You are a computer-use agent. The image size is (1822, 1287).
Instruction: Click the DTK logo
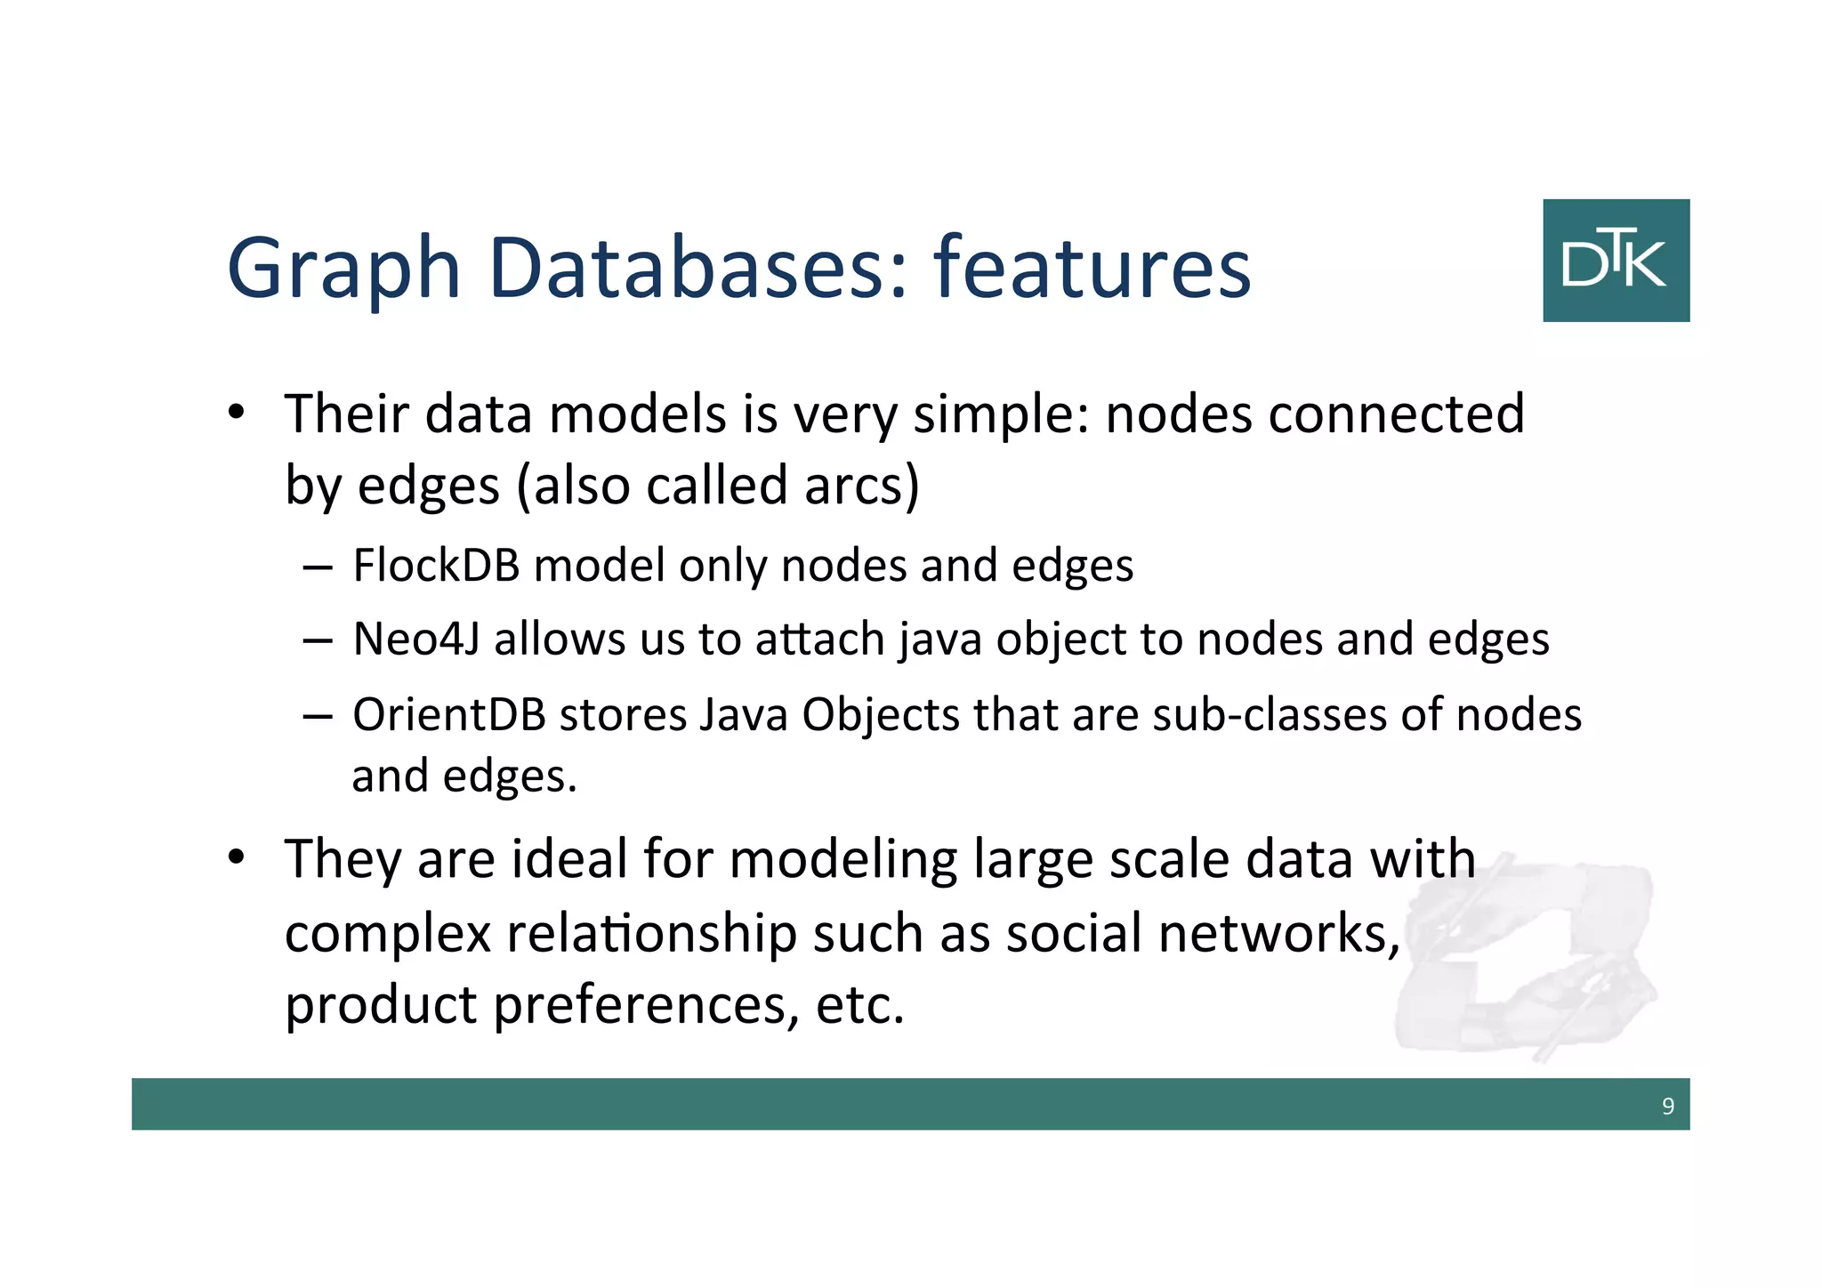(x=1616, y=260)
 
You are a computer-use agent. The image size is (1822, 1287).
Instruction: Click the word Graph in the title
(x=343, y=269)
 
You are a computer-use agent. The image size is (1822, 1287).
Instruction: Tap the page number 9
(x=1667, y=1106)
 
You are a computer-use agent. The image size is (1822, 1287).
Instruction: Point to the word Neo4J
(x=416, y=639)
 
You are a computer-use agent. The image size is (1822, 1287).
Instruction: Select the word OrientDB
(x=448, y=715)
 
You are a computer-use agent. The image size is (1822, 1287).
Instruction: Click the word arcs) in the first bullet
(x=861, y=487)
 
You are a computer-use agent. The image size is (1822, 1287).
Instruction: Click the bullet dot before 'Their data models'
(x=236, y=413)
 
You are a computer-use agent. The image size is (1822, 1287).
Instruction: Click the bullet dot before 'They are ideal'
(x=236, y=857)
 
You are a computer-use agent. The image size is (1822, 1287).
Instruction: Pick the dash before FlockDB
(x=318, y=567)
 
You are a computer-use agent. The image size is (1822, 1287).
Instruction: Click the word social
(x=1074, y=934)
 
